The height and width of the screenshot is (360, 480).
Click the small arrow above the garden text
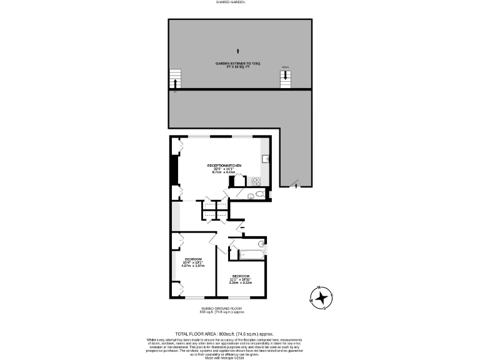(237, 50)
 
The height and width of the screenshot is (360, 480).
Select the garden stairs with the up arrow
(176, 79)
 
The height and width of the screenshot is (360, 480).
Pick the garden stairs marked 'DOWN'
(286, 77)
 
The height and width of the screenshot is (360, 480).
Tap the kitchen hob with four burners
(256, 181)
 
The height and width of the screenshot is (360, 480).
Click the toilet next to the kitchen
(251, 196)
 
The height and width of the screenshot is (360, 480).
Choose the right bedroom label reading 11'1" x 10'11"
(241, 279)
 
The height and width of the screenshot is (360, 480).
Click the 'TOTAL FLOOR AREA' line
(224, 334)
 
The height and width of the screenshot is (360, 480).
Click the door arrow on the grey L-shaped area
(296, 183)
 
